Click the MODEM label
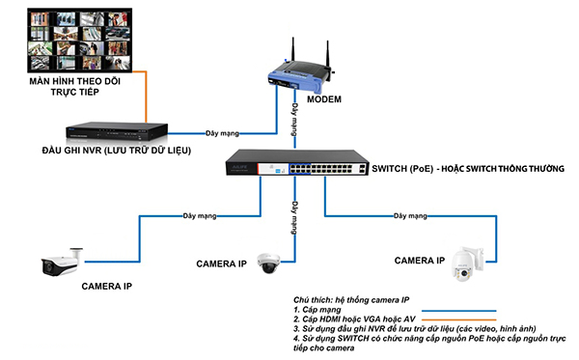point(324,99)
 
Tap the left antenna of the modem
point(292,49)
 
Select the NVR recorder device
point(117,131)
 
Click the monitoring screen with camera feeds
point(80,40)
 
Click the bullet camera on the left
point(62,262)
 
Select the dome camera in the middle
point(268,263)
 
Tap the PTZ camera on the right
point(467,263)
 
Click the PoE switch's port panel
point(321,169)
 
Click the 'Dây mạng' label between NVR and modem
point(222,133)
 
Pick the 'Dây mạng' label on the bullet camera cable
point(200,215)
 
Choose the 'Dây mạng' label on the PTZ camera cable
point(410,215)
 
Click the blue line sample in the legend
point(459,311)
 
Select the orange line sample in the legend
point(459,319)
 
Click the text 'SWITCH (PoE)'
point(402,169)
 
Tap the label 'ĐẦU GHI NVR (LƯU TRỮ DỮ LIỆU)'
point(117,151)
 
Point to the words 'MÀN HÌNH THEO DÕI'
point(75,81)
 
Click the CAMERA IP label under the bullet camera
point(107,286)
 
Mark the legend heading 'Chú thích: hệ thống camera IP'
point(351,300)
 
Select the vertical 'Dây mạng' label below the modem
point(294,120)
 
